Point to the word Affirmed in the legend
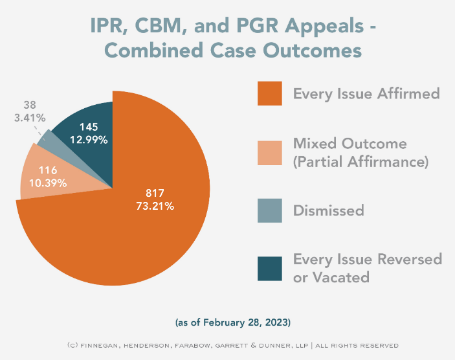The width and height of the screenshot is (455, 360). point(407,93)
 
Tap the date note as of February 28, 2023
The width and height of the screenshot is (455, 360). point(227,322)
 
